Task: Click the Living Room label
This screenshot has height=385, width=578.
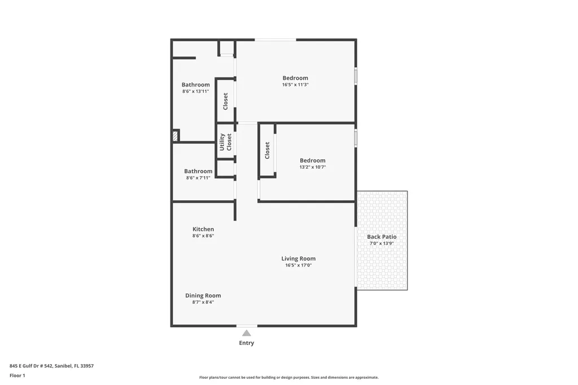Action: click(298, 259)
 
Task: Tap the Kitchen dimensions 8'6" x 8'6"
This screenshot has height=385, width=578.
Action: click(203, 236)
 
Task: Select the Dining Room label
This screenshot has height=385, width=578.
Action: click(203, 295)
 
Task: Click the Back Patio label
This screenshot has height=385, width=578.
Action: click(382, 237)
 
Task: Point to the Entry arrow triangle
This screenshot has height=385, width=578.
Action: click(247, 333)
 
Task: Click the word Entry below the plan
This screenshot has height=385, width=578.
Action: click(247, 343)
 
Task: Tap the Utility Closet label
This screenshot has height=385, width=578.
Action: click(226, 142)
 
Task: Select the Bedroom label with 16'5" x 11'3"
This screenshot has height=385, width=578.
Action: click(295, 78)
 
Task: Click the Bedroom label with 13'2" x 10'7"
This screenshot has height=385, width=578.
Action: click(312, 160)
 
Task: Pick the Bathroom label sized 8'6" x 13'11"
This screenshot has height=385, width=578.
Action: click(195, 85)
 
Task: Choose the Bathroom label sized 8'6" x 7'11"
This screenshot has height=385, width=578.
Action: click(198, 171)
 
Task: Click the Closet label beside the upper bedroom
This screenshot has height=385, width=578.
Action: click(226, 101)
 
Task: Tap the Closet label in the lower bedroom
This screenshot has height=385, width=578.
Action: click(268, 150)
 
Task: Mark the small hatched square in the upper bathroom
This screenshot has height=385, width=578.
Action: click(176, 136)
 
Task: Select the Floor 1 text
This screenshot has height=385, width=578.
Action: click(17, 375)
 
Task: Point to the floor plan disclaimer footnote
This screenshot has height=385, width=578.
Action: click(288, 377)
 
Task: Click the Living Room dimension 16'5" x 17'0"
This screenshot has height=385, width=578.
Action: click(298, 265)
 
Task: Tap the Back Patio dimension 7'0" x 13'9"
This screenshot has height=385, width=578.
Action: click(382, 243)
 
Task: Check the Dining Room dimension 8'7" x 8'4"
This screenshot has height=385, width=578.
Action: click(203, 302)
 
